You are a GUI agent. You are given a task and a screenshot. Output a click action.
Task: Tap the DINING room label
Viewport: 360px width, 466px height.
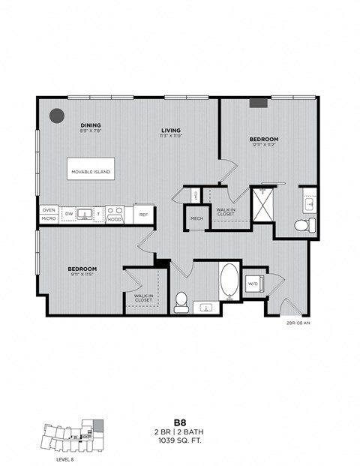[90, 125]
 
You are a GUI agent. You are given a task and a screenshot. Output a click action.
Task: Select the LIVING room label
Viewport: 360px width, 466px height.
[170, 130]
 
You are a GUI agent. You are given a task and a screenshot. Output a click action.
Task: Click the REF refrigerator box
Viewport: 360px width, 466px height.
[142, 214]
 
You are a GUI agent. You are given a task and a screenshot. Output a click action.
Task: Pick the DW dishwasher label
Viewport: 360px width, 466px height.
[69, 214]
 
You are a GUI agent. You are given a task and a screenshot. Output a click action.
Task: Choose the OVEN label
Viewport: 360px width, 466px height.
[49, 209]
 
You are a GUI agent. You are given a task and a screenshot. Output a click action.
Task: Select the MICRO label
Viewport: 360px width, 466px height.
[49, 218]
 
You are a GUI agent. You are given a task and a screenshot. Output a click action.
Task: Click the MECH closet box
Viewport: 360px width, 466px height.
[196, 218]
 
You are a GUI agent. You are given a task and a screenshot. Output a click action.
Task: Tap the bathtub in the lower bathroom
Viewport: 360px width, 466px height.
[228, 281]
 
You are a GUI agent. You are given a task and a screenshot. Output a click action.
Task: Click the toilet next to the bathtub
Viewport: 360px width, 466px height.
[181, 301]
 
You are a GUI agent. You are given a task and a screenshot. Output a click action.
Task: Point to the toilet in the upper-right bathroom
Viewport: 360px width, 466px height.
[303, 225]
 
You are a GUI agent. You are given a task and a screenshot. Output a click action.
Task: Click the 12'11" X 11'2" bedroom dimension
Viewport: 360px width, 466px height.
[263, 146]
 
